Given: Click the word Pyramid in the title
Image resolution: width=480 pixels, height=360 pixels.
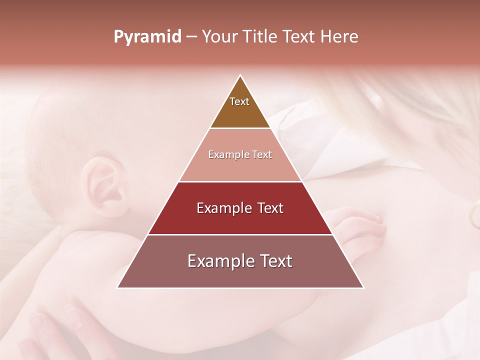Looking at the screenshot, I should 147,37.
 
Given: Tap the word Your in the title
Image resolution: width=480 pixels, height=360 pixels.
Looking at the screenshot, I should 220,37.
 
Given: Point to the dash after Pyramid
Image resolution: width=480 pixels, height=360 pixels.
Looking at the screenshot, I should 191,37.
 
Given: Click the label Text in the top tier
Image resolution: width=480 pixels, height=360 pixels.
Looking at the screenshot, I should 239,101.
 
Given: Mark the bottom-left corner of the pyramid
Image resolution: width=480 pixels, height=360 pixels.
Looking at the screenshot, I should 117,287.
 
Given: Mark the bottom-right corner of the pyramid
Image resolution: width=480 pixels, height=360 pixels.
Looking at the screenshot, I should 363,287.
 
